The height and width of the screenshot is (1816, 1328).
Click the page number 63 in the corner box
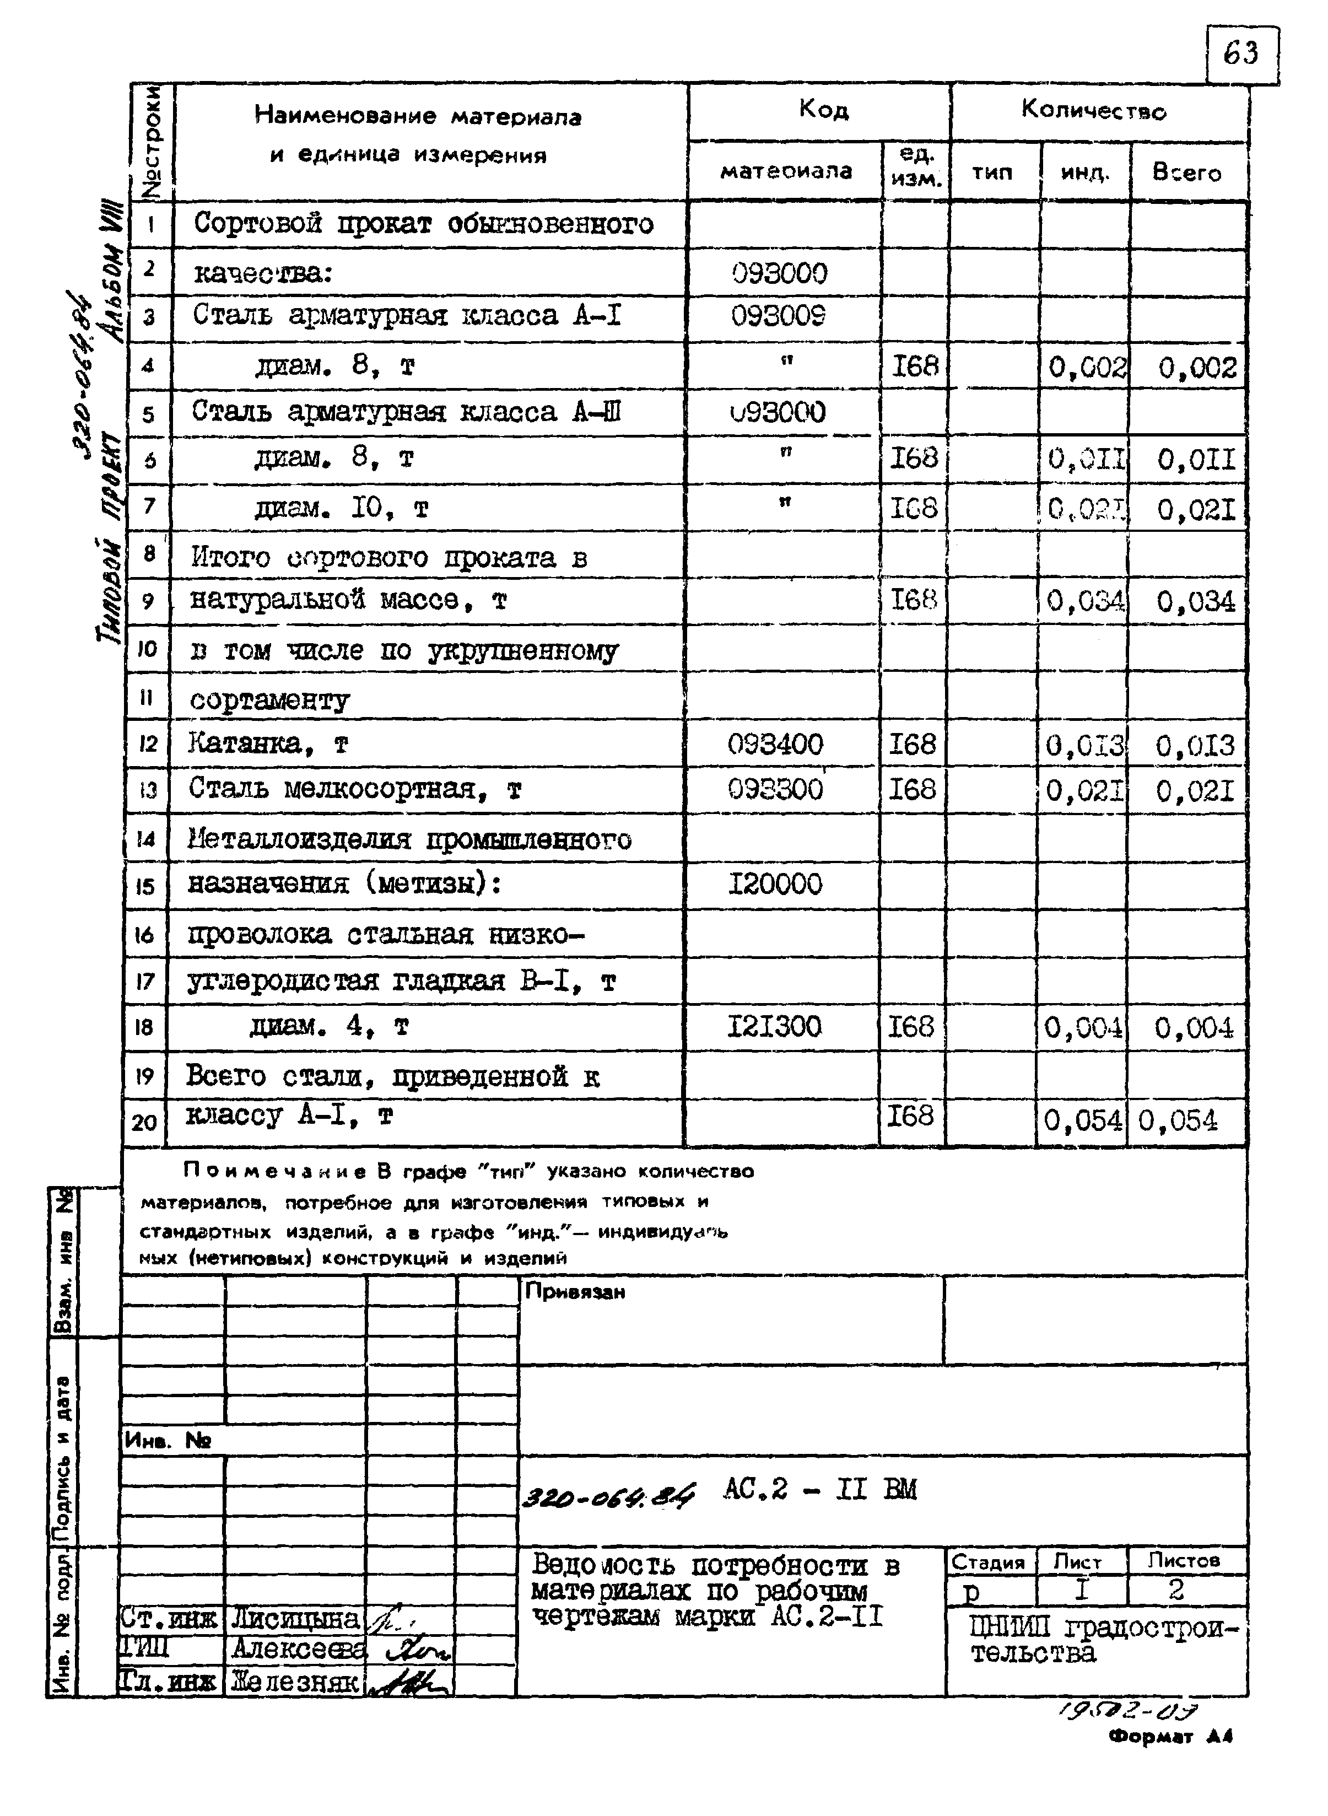click(1240, 55)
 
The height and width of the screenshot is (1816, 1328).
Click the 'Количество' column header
click(1093, 110)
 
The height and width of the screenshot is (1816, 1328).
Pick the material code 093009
click(778, 316)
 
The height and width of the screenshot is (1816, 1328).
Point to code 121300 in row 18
click(774, 1027)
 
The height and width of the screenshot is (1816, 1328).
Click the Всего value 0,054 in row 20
click(1178, 1120)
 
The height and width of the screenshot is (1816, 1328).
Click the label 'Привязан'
click(575, 1292)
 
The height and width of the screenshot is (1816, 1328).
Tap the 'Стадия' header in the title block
click(988, 1562)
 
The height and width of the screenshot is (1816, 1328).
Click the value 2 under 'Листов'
click(1176, 1589)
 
